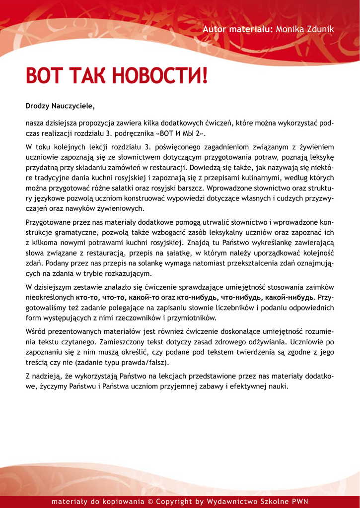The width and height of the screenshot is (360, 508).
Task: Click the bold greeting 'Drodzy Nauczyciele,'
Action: coord(60,106)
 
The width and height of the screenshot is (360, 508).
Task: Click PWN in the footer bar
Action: coord(300,502)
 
